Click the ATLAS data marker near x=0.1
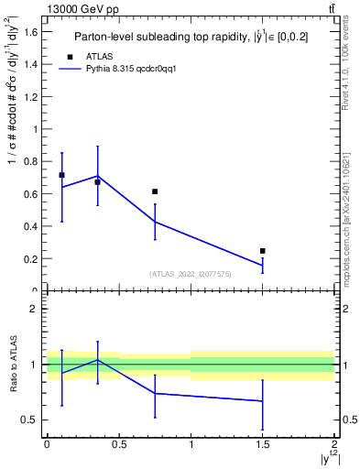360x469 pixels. tap(61, 175)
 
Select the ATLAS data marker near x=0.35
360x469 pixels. tap(97, 182)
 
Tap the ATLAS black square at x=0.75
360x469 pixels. tap(155, 191)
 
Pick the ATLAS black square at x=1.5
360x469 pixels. tap(263, 250)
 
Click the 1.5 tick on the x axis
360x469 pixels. tap(263, 443)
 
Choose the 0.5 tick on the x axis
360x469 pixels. tap(119, 443)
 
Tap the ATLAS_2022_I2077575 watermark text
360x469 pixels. tap(191, 274)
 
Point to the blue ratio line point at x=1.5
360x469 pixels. tap(263, 401)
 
